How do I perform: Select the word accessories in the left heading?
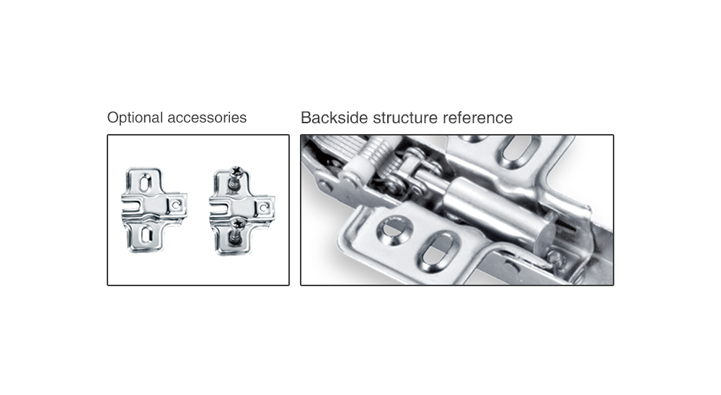click(207, 117)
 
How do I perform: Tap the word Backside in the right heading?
click(335, 117)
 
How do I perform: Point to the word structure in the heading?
click(405, 118)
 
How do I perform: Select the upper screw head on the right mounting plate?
click(236, 172)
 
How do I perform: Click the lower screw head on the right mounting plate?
click(238, 224)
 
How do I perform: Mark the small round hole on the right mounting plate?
click(263, 208)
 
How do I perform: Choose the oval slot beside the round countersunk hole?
click(438, 251)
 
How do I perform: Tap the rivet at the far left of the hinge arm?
click(324, 186)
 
